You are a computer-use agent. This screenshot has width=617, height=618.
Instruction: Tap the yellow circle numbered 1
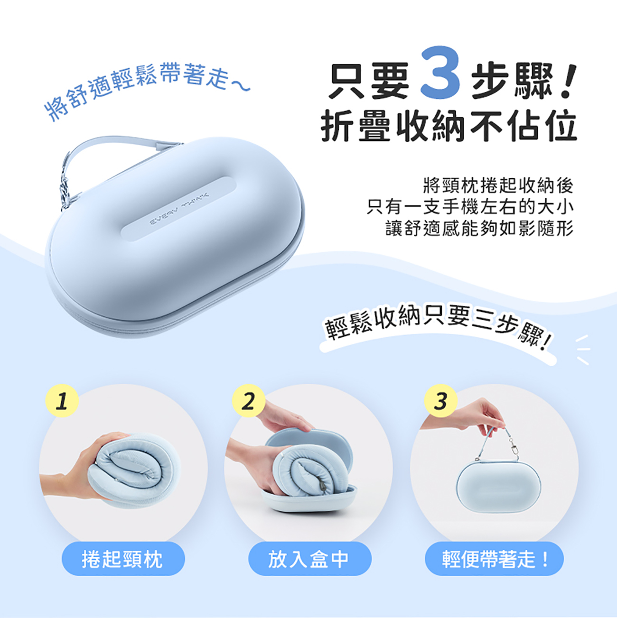(x=62, y=401)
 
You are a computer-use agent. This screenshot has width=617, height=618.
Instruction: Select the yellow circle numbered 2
(x=248, y=401)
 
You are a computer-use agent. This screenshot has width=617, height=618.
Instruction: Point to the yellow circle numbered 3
(x=441, y=401)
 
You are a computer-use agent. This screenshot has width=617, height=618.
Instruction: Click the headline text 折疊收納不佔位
(x=449, y=126)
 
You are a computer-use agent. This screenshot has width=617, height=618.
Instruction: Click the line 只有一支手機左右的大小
(x=470, y=207)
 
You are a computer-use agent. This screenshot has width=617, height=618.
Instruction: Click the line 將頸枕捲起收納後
(x=498, y=185)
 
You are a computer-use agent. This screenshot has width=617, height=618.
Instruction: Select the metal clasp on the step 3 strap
(x=514, y=449)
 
